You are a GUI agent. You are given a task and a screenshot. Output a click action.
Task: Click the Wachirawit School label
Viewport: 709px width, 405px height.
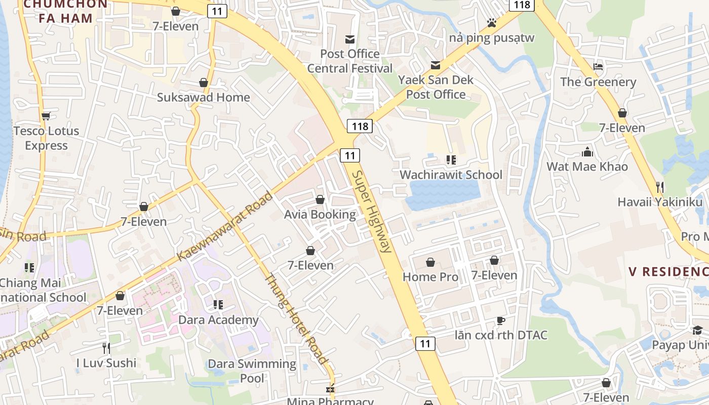451,175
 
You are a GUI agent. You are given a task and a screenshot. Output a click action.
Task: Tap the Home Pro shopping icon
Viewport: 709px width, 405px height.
430,262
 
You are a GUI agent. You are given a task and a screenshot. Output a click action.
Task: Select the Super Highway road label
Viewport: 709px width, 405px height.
372,212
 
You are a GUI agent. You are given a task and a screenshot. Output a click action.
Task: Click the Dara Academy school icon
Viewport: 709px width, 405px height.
218,305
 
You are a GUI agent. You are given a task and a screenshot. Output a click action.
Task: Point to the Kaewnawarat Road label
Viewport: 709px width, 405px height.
225,226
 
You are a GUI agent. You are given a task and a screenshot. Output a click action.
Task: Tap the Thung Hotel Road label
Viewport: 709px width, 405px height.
295,319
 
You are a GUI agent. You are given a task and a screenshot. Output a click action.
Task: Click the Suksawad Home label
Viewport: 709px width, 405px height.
203,97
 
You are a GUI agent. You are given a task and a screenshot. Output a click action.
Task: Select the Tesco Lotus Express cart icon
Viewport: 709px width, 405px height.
46,116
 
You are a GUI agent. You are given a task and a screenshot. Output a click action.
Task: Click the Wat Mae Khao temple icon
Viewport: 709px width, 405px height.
587,151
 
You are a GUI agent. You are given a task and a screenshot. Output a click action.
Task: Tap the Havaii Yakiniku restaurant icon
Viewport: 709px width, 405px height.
659,187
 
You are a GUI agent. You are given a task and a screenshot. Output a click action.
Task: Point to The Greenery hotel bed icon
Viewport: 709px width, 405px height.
598,67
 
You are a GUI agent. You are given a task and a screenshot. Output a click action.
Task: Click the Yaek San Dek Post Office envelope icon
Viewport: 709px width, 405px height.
436,65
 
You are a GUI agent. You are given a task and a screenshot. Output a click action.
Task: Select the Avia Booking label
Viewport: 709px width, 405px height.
320,214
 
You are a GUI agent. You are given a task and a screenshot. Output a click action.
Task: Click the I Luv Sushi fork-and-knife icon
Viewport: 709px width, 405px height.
106,348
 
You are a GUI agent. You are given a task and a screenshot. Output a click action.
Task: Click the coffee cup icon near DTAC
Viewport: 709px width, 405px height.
500,320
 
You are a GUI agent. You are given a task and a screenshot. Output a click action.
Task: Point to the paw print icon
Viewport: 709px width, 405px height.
491,23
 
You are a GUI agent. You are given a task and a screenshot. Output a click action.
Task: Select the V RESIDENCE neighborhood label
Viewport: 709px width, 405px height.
668,272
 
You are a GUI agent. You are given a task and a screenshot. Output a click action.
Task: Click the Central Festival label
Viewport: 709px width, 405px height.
350,68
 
